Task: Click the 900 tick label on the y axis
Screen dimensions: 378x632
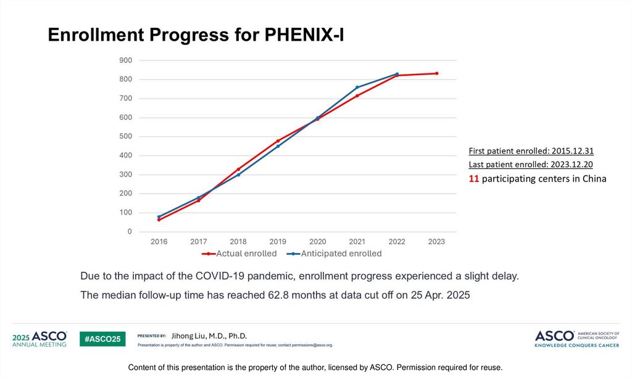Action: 125,60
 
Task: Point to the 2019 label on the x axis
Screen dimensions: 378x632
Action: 278,242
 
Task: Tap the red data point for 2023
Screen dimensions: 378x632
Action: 436,73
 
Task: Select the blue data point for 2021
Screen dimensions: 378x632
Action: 357,87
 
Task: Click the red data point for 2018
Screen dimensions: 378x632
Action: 238,169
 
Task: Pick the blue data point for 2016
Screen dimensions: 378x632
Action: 159,216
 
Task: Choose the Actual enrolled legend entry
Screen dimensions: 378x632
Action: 241,253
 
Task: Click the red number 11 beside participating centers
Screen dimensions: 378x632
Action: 474,179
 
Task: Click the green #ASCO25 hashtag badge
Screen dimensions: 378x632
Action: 102,339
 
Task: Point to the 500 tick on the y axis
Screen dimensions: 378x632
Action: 125,136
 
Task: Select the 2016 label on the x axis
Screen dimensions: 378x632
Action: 159,242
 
